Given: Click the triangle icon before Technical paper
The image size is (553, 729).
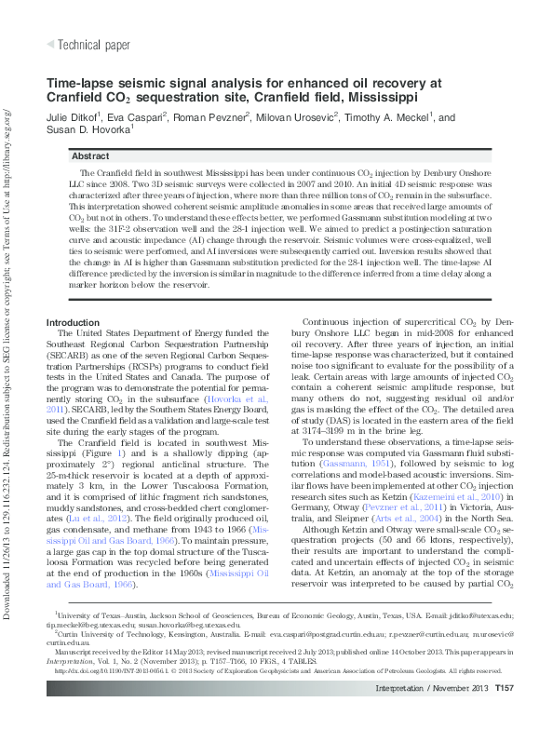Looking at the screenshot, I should click(x=50, y=44).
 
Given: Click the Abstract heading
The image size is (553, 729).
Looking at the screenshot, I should click(x=90, y=156).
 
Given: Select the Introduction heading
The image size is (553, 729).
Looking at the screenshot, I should click(x=74, y=296).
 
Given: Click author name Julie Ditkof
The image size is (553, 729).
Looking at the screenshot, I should click(x=79, y=118).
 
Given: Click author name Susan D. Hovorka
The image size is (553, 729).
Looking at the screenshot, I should click(x=88, y=131).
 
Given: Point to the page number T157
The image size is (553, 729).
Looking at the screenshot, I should click(x=505, y=714).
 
